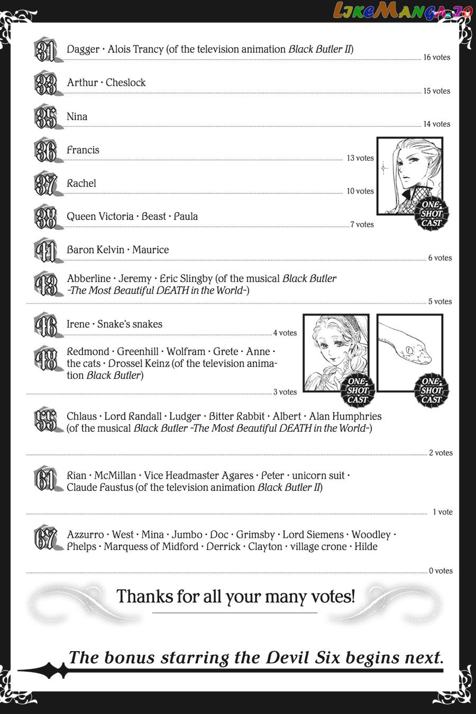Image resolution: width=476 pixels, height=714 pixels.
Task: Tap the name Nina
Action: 77,116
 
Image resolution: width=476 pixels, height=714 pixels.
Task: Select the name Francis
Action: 83,150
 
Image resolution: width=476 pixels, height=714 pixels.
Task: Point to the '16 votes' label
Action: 436,57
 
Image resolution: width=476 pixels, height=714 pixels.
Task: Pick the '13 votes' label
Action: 360,158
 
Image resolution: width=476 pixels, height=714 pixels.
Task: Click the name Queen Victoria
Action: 100,216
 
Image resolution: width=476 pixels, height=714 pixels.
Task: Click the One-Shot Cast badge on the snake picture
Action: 431,390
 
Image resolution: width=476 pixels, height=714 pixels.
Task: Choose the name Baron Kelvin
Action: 96,250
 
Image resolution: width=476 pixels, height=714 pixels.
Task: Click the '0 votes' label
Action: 441,571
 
